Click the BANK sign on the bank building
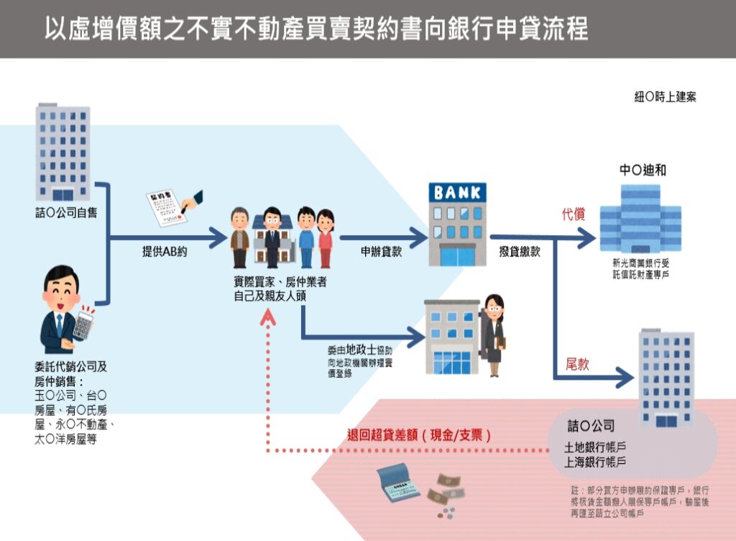click(x=457, y=193)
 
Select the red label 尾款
click(x=578, y=364)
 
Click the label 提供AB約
click(x=165, y=252)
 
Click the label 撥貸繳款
click(x=520, y=252)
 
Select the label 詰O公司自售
click(x=66, y=213)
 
